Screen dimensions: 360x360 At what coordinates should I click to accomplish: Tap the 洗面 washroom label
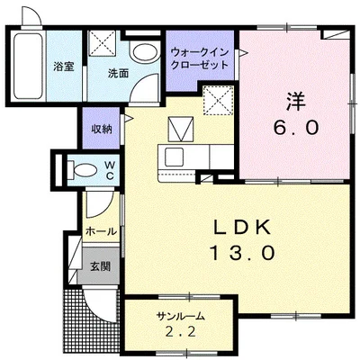106,72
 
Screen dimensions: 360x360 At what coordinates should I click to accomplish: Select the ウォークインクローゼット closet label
198,58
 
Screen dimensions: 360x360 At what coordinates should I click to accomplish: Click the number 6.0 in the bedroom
292,128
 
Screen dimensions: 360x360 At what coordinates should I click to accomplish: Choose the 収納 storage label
101,129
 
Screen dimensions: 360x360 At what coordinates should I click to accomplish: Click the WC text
108,170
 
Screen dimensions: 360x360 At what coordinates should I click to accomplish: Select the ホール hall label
101,231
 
